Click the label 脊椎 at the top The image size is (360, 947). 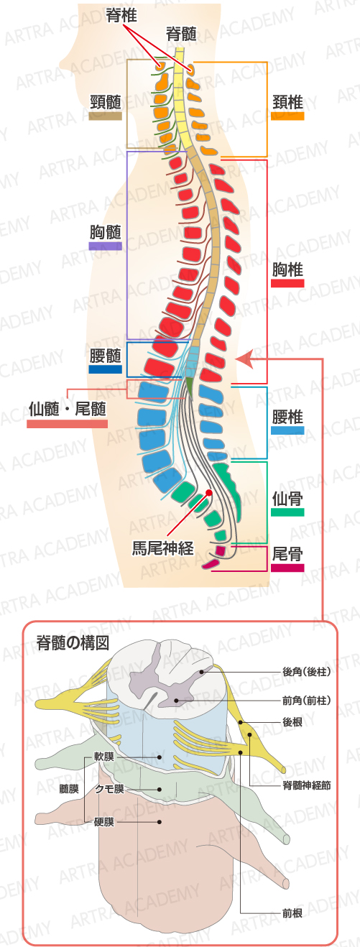[121, 16]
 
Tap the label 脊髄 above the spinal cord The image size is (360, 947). [182, 34]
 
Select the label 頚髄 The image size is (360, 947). [106, 102]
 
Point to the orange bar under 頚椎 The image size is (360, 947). [287, 116]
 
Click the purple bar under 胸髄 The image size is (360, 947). [106, 246]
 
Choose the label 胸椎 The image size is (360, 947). [287, 269]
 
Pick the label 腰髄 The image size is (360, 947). [106, 356]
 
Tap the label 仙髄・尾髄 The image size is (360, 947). [68, 410]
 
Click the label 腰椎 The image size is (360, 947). [287, 417]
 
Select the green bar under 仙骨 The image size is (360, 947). [287, 512]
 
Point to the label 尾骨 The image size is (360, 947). [287, 554]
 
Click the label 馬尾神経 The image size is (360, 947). [163, 549]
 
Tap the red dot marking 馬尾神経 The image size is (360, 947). [208, 492]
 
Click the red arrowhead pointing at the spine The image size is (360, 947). [244, 359]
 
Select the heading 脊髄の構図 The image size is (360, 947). [73, 643]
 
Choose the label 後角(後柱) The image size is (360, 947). [307, 671]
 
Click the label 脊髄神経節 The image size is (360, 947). [307, 785]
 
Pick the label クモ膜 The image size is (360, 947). [109, 789]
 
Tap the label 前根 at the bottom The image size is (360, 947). [292, 913]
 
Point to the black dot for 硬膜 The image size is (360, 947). [160, 822]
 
